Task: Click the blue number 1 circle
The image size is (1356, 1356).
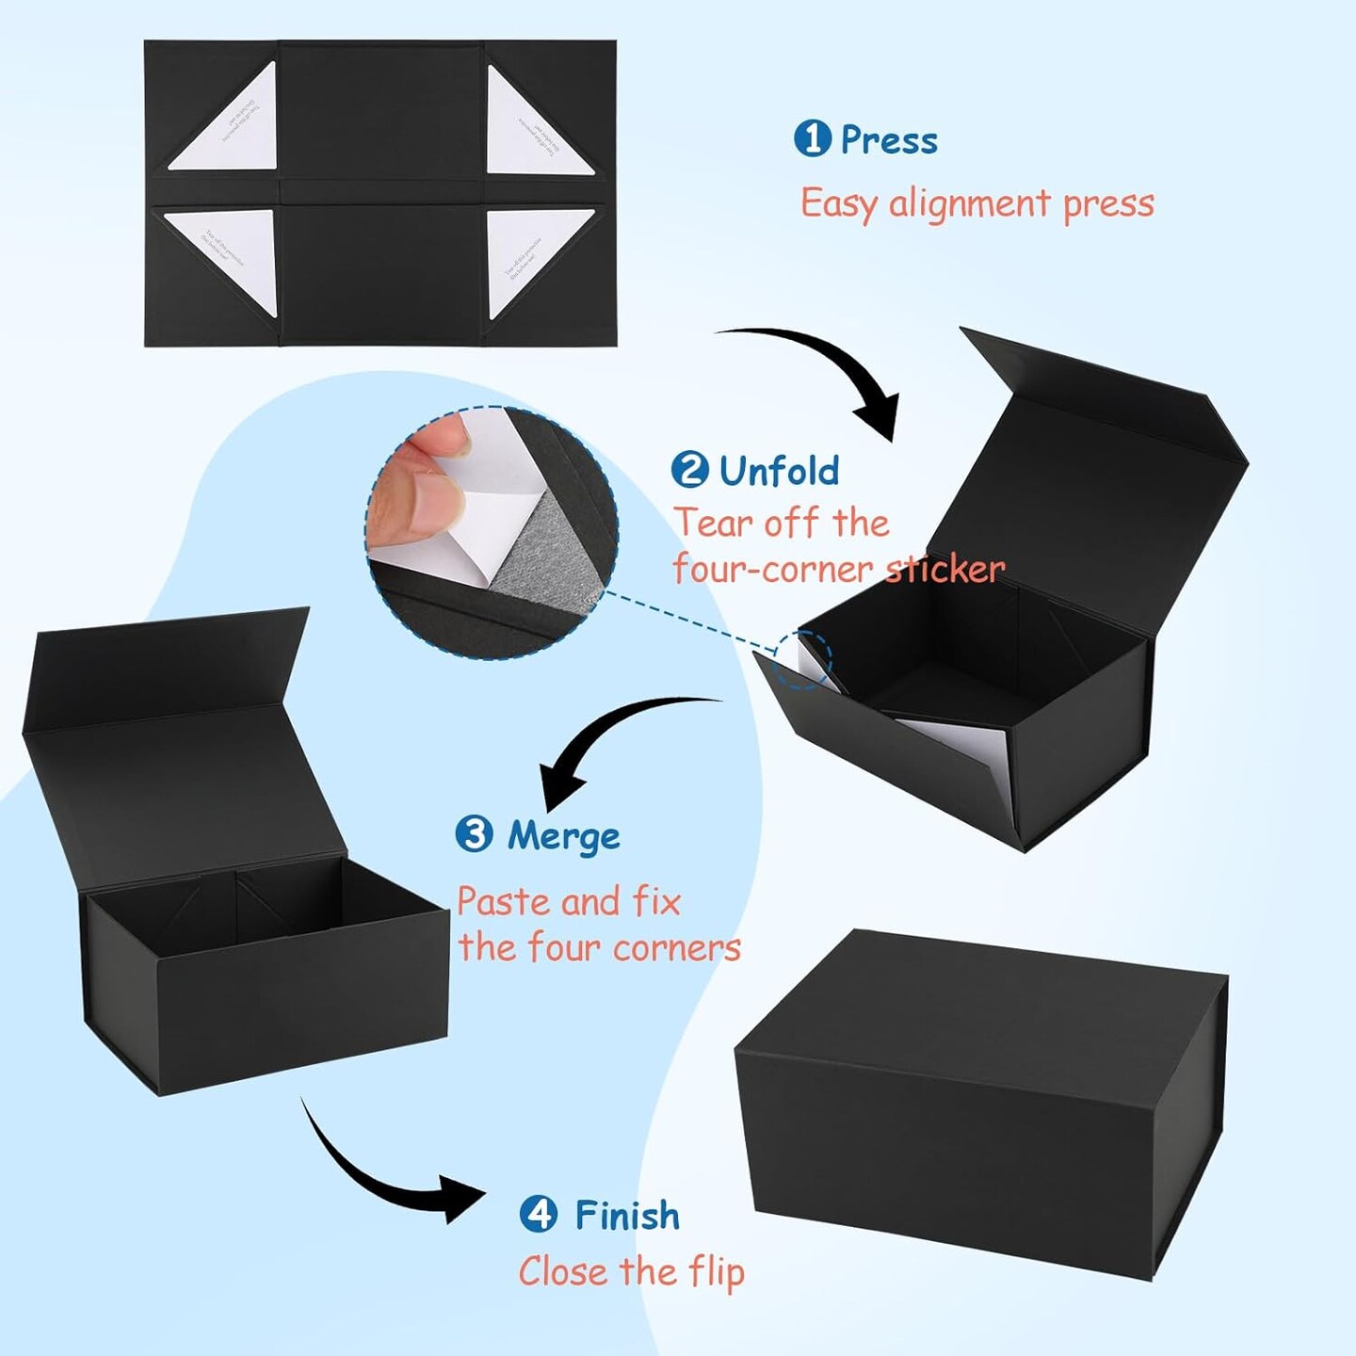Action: coord(812,139)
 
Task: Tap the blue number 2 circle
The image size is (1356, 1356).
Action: coord(690,469)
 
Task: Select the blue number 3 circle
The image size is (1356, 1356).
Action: coord(474,834)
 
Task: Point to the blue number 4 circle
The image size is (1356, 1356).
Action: coord(539,1214)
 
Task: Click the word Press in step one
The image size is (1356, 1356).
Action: coord(889,141)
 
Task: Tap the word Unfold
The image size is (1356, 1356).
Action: coord(779,471)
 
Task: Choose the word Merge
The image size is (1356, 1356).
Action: coord(563,836)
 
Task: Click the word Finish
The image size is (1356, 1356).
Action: coord(627,1216)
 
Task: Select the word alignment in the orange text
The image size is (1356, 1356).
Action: coord(969,204)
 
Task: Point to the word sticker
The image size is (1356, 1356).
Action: coord(944,569)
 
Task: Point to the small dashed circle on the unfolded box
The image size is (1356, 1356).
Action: coord(801,659)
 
